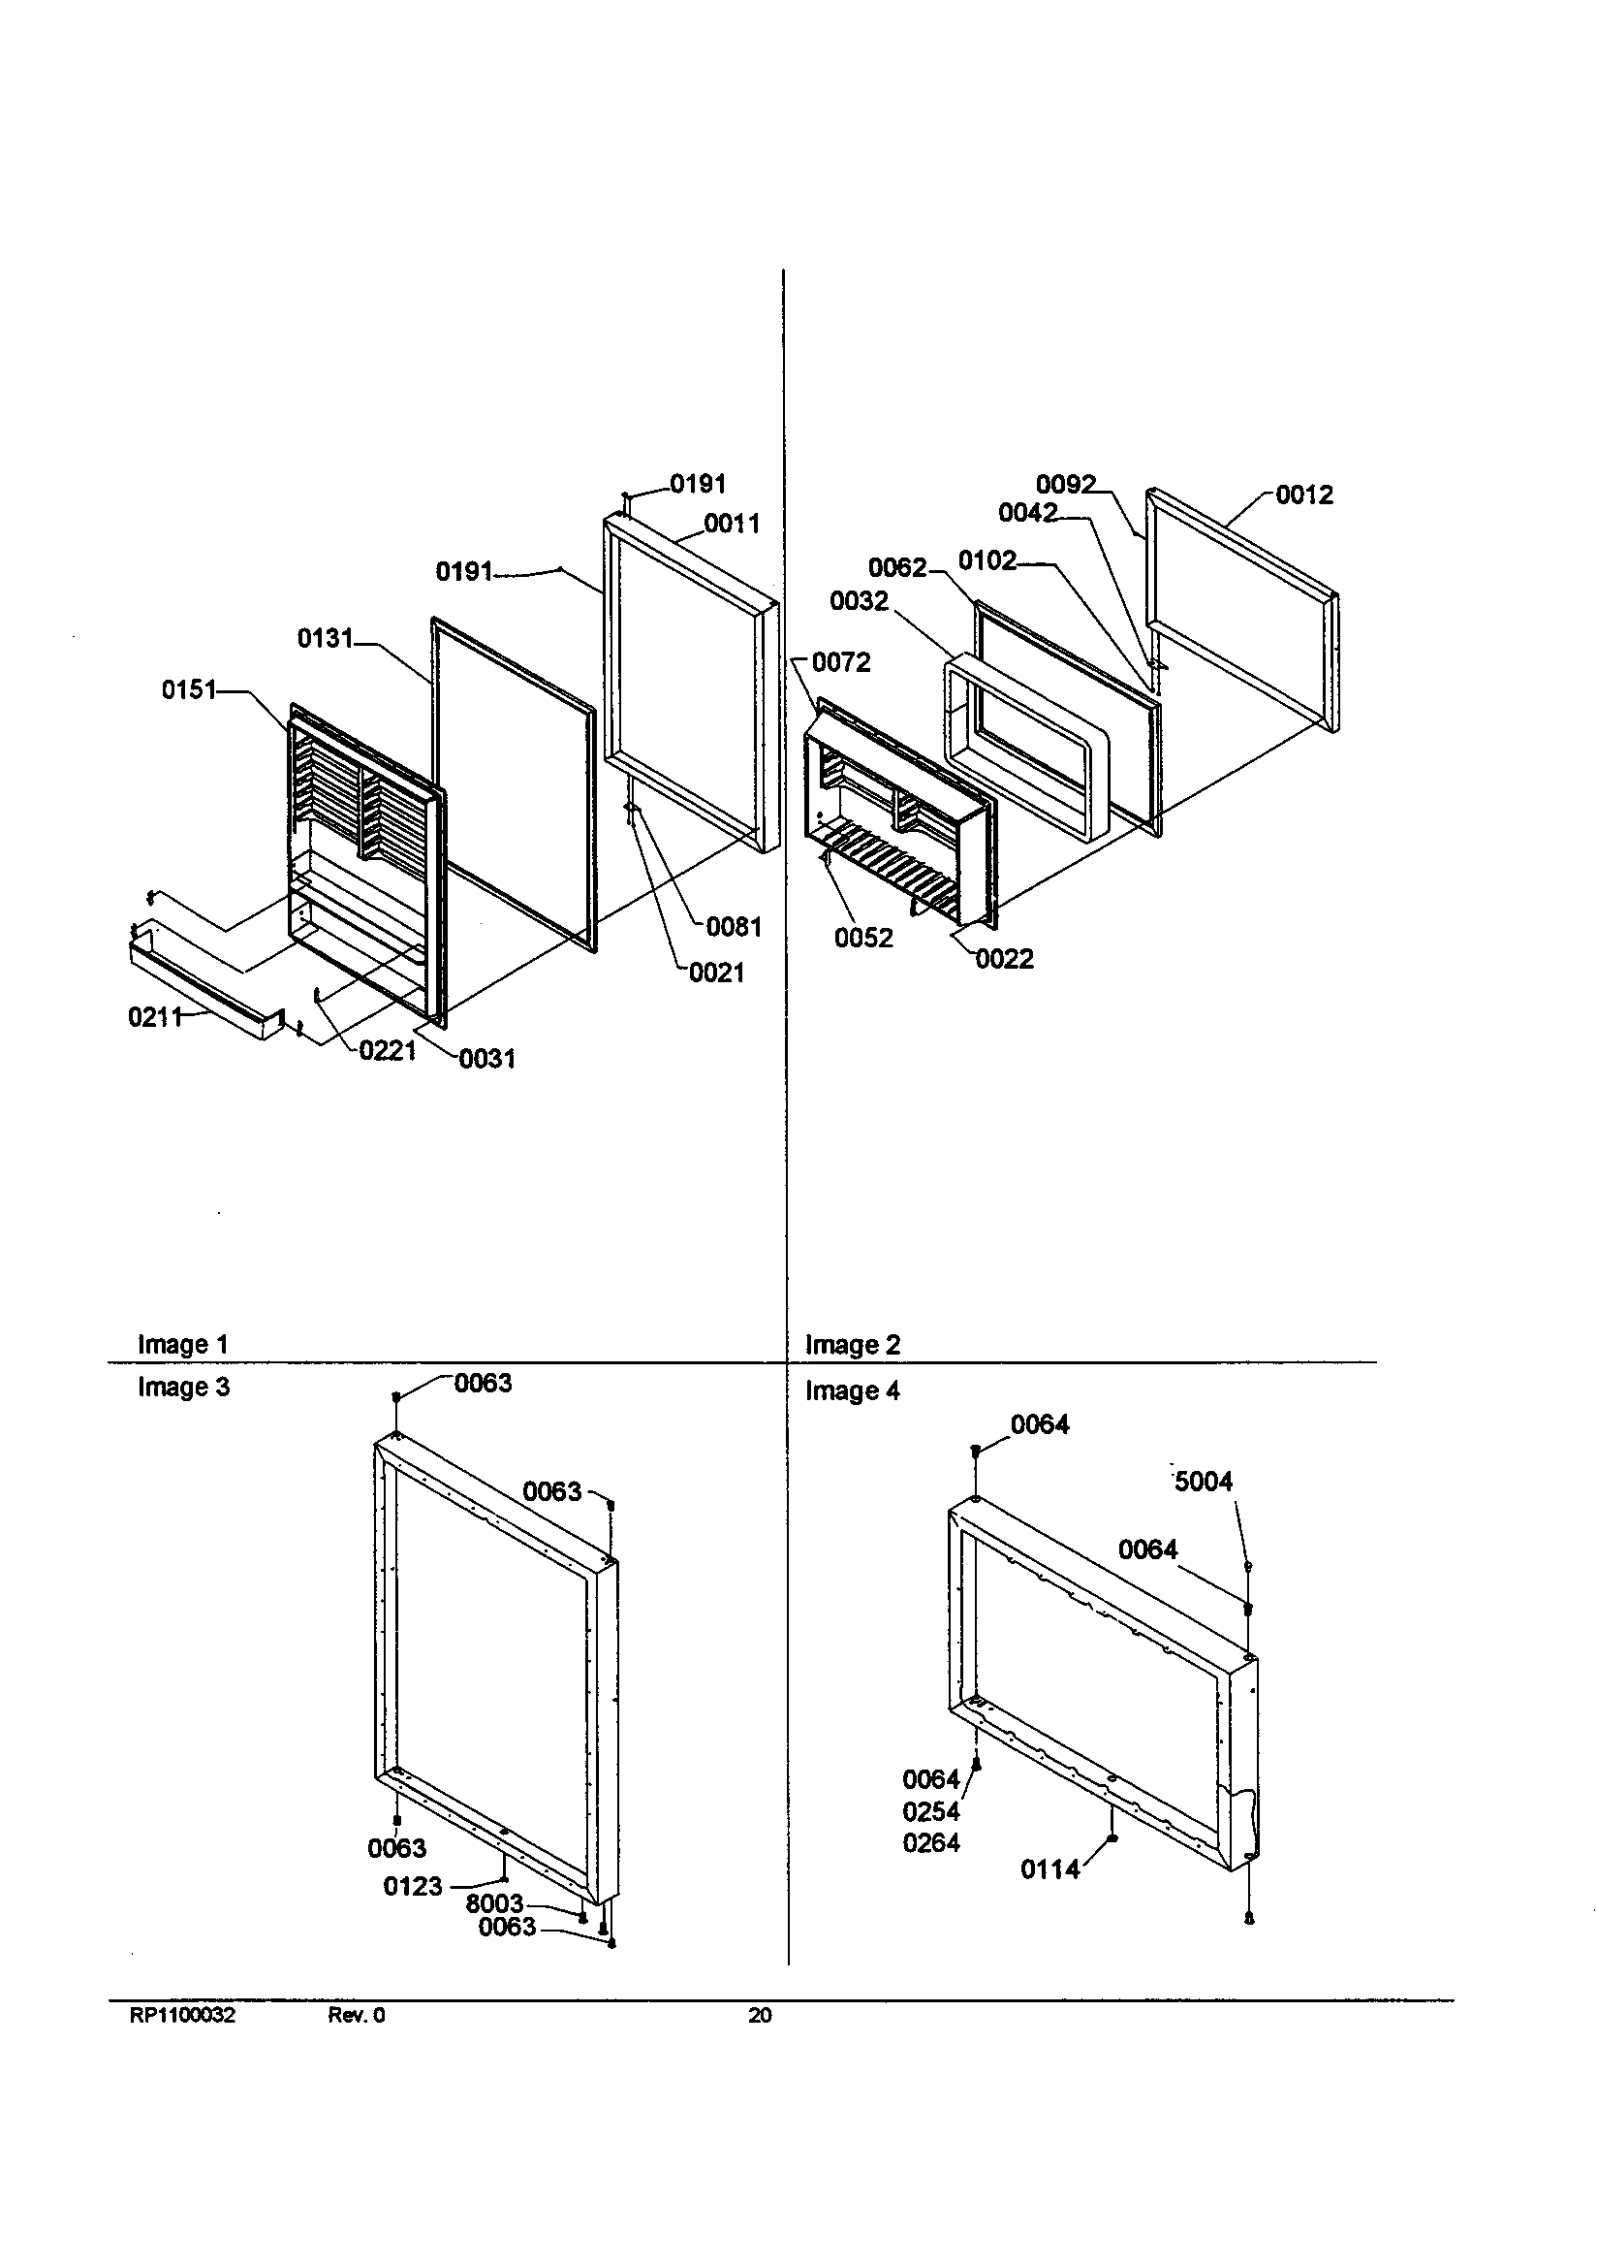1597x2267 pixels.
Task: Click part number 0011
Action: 732,525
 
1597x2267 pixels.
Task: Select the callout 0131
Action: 325,639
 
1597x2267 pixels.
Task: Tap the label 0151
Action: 189,690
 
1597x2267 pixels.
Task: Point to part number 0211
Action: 154,1017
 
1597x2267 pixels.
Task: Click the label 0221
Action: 387,1050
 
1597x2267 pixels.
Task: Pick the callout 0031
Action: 486,1060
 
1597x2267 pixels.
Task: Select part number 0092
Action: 1065,485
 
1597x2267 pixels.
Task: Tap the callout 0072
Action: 841,662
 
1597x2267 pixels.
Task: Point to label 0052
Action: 862,939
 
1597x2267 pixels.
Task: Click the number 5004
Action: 1204,1482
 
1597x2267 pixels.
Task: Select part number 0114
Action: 1049,1870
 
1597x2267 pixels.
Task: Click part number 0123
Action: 412,1887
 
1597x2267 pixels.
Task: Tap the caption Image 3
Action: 183,1388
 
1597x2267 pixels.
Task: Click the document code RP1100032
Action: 182,2016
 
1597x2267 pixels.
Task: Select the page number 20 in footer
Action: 759,2016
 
